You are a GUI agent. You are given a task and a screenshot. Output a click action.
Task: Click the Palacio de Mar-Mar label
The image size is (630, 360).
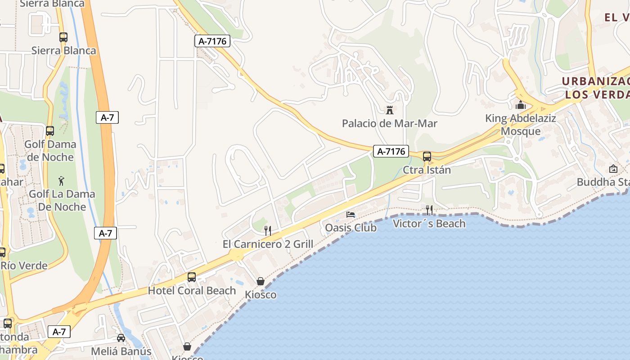tap(390, 123)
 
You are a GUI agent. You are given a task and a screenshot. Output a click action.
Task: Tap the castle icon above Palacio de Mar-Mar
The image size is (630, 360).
tap(390, 110)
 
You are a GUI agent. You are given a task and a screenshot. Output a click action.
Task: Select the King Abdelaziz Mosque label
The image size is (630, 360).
tap(520, 125)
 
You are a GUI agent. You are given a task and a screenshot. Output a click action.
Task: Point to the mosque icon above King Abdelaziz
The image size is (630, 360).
tap(521, 105)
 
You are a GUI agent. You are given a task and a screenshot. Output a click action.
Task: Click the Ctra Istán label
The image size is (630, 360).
tap(427, 170)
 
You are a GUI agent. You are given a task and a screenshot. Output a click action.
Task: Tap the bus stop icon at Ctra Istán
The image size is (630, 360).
tap(427, 157)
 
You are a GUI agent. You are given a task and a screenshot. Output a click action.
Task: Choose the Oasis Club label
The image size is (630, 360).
tap(351, 228)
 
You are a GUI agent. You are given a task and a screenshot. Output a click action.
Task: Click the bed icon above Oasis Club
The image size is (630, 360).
tap(351, 214)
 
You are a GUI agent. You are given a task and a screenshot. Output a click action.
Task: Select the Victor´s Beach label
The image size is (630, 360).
tap(429, 223)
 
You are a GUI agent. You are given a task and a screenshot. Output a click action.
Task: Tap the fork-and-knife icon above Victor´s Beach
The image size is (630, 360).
tap(429, 210)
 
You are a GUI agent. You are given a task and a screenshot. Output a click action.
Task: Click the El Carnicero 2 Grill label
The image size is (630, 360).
tap(268, 244)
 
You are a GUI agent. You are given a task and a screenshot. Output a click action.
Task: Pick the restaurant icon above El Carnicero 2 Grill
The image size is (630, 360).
tap(268, 231)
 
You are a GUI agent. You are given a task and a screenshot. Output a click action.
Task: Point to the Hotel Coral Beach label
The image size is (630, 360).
tap(192, 291)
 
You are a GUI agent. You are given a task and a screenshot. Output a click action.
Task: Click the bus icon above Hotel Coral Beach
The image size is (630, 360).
tap(192, 277)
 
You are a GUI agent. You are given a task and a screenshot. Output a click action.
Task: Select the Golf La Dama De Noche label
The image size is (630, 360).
tap(62, 200)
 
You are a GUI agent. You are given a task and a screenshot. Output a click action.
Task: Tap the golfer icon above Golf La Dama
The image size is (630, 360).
tap(62, 181)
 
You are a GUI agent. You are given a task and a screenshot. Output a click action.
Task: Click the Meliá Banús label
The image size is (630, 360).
tap(121, 351)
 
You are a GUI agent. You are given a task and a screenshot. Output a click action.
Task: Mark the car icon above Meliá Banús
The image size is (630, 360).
tap(121, 338)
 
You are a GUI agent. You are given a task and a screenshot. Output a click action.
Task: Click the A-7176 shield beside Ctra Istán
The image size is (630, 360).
tap(391, 152)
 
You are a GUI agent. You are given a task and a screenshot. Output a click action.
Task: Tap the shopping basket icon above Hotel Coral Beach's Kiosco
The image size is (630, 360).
tap(261, 281)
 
